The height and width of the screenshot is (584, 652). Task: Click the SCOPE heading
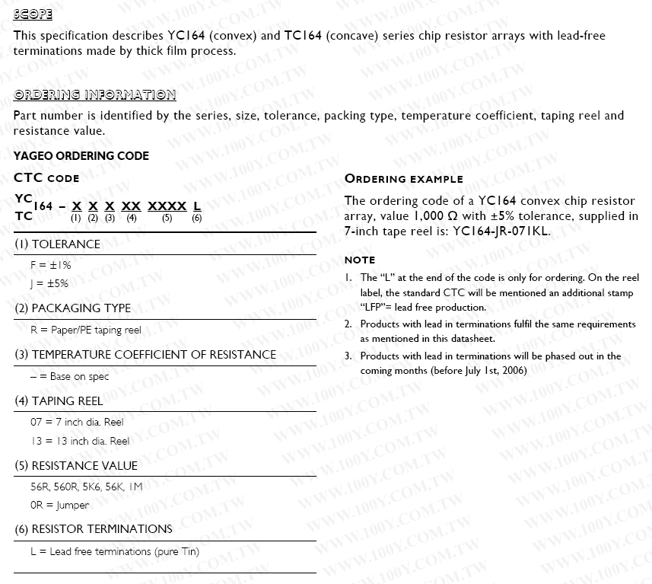coord(33,14)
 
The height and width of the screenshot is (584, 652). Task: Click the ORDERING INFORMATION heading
coord(94,95)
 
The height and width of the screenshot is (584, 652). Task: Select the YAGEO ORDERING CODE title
coord(81,156)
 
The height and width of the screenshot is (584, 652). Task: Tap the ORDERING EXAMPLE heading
coord(404,179)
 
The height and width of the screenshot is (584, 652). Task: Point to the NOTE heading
coord(360,260)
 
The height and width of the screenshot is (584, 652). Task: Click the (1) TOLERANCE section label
coord(57,244)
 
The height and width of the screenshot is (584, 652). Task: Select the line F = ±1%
coord(50,265)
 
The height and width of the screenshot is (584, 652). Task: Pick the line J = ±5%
coord(49,283)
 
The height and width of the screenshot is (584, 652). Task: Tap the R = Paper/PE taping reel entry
coord(85,330)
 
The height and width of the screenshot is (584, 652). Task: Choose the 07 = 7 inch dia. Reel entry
coord(76,422)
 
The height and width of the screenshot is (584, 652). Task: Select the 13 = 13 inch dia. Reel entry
coord(80,441)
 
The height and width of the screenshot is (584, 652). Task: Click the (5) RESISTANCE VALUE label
coord(76,466)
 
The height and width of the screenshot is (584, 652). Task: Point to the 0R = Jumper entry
coord(59,505)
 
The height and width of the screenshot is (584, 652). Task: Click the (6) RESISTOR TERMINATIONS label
coord(93,529)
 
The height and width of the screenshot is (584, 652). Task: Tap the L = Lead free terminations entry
coord(114,551)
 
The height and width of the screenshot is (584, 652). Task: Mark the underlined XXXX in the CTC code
coord(167,206)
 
